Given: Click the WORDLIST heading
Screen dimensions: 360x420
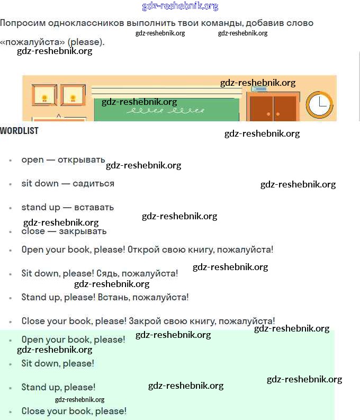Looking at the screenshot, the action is [x=19, y=131].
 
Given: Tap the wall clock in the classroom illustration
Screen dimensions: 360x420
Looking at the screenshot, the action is [x=319, y=105].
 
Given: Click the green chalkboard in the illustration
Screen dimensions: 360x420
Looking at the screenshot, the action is [x=166, y=110].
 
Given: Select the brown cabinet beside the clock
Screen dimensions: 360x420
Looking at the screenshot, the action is [x=273, y=106].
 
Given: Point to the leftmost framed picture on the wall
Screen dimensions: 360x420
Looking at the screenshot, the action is [x=44, y=95].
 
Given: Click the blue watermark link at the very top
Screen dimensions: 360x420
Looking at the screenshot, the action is [x=180, y=6].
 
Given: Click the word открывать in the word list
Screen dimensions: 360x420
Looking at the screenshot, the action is [x=82, y=159].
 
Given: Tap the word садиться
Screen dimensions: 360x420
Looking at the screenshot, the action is [x=93, y=184].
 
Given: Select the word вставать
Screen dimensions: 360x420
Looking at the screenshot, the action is [x=94, y=207].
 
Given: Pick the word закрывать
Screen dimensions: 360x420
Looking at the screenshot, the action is [x=83, y=231].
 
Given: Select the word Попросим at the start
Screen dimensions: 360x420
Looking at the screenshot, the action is [x=23, y=23].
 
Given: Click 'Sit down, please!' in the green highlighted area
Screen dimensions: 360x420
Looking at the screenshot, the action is [x=58, y=363].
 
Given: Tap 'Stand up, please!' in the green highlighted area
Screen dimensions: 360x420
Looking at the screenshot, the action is [x=58, y=387].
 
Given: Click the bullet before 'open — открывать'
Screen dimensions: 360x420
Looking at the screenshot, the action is [x=11, y=160].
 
